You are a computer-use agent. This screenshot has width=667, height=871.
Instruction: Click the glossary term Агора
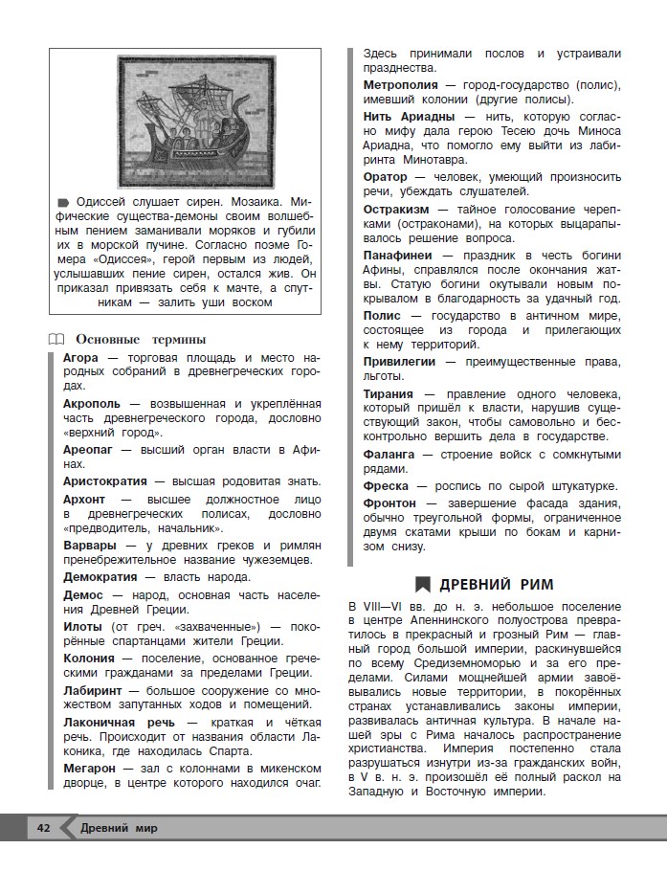(x=81, y=357)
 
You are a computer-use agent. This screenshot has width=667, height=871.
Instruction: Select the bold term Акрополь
(x=92, y=404)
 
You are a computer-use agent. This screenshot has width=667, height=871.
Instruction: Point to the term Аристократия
(x=107, y=480)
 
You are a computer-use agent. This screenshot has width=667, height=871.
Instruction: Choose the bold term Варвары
(x=90, y=545)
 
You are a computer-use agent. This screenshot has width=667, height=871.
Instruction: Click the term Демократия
(x=103, y=576)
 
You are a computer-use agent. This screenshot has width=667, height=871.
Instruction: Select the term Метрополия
(x=403, y=84)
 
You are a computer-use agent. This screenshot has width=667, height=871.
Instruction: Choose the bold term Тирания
(x=389, y=393)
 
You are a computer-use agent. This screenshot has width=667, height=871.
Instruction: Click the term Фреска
(x=386, y=486)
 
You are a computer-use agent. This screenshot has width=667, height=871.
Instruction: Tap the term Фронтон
(x=389, y=502)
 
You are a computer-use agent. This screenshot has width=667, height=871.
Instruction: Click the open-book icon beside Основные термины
(x=56, y=339)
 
